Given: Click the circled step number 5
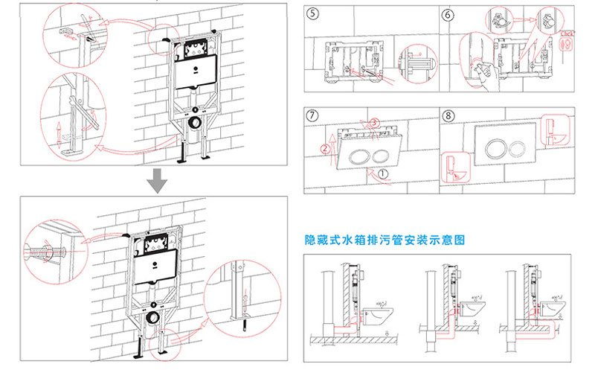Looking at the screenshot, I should tap(314, 13).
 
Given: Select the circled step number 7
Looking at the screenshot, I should tap(314, 116).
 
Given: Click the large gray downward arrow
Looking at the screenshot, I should tap(156, 179).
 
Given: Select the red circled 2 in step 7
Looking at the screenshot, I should tap(325, 148).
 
